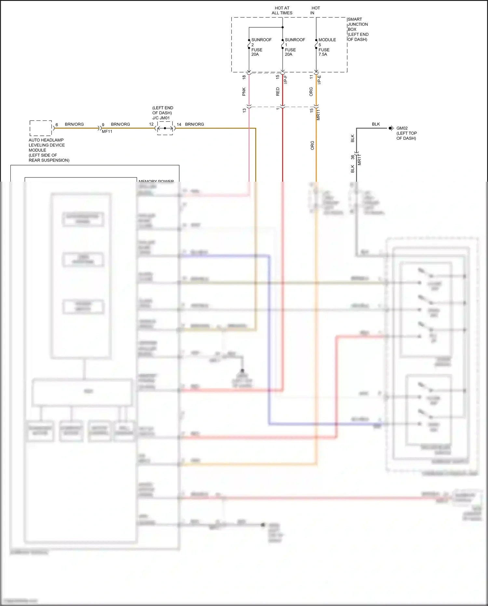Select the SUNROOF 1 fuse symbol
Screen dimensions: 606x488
tap(282, 44)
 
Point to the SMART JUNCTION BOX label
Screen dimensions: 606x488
tap(358, 29)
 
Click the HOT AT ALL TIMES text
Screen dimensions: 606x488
tap(282, 10)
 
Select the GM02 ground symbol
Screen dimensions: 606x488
tap(391, 128)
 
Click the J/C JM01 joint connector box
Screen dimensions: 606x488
tap(165, 128)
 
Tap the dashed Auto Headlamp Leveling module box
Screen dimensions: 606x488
tap(41, 128)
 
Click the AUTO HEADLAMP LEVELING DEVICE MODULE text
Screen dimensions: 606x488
tap(49, 150)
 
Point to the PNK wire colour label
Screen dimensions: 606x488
tap(244, 92)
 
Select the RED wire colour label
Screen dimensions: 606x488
tap(278, 92)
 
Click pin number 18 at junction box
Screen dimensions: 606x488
tap(244, 78)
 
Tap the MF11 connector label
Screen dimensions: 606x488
tap(107, 132)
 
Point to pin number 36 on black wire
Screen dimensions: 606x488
tap(353, 157)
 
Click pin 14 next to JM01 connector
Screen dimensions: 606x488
tap(179, 124)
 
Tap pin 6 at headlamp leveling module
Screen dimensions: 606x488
tap(57, 125)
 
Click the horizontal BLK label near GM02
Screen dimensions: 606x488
tap(376, 124)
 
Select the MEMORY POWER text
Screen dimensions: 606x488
tap(156, 181)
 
